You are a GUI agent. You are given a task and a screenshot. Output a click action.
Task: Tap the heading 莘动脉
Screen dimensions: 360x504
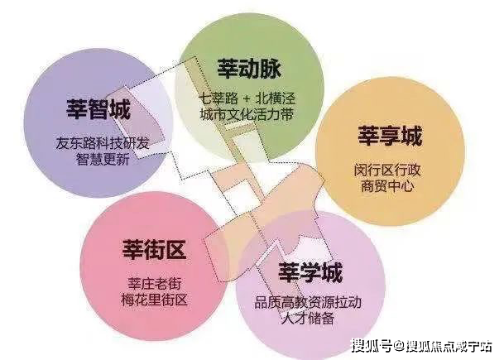[247, 66]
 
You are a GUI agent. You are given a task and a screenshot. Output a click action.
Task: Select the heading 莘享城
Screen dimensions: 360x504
[390, 135]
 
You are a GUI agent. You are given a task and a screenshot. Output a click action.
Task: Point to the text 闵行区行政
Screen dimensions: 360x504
[390, 170]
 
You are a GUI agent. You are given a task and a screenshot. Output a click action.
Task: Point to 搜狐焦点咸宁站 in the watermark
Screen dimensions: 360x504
[448, 345]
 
